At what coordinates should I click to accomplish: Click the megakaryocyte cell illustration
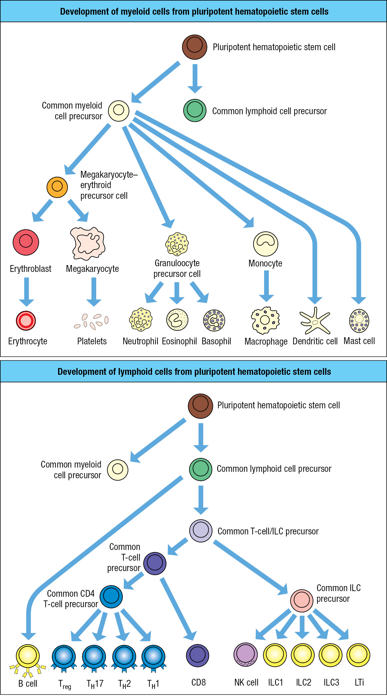click(88, 243)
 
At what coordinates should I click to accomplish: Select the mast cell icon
click(359, 321)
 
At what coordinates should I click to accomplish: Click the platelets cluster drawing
click(91, 321)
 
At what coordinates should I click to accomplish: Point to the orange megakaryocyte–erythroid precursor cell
click(57, 187)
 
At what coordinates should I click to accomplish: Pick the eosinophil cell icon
click(177, 320)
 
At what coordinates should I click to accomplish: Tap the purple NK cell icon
click(246, 655)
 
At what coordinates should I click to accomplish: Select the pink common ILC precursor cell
click(302, 601)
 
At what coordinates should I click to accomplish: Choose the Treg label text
click(65, 684)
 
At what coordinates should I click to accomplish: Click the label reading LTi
click(359, 682)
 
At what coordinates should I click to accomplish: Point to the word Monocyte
click(265, 263)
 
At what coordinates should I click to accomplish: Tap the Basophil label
click(216, 341)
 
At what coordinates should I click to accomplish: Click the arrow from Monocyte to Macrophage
click(266, 286)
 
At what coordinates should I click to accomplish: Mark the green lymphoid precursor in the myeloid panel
click(195, 111)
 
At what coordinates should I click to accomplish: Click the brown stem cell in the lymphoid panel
click(201, 406)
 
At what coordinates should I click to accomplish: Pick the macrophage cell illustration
click(265, 320)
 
